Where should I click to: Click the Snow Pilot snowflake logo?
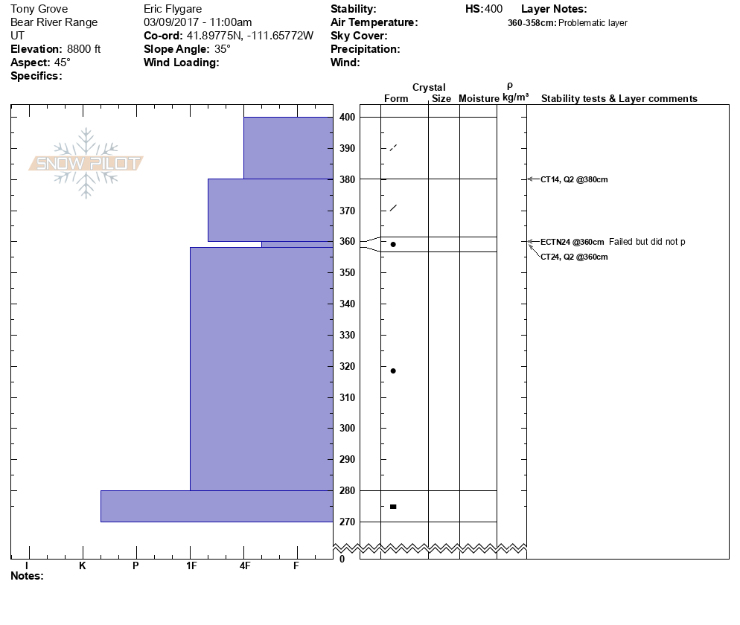(86, 163)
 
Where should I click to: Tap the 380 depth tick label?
(347, 179)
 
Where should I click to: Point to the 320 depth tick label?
(347, 366)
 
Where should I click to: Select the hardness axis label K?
(83, 565)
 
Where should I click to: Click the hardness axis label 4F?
(245, 565)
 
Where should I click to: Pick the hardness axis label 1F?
(191, 565)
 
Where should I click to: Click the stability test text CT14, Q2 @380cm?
(574, 179)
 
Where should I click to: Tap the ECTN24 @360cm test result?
(572, 242)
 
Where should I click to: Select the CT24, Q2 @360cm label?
(574, 257)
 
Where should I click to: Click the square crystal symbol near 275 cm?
(393, 507)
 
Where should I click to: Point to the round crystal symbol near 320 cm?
(393, 371)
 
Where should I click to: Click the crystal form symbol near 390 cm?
(393, 147)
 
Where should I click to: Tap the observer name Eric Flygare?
(173, 9)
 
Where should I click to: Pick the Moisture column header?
(479, 98)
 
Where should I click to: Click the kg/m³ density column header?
(515, 97)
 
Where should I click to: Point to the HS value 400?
(494, 9)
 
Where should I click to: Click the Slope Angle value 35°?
(222, 49)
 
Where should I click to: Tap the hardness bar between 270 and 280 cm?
(217, 506)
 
